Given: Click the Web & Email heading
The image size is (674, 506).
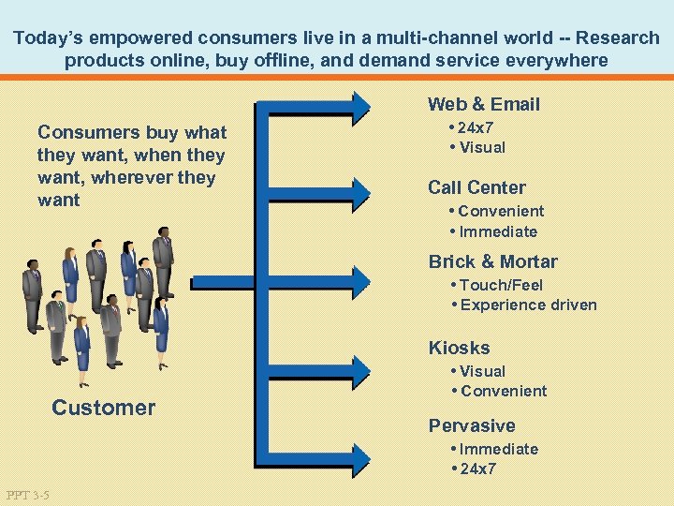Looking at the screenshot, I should pos(483,104).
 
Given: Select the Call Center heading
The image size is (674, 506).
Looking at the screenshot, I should pos(476,187).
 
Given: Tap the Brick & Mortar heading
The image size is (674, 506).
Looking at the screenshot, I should pos(492,261).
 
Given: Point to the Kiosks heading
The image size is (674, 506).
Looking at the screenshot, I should pos(459,348).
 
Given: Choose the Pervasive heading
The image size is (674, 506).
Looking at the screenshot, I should pos(472,425).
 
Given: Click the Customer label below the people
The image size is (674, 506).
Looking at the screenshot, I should pos(103,408).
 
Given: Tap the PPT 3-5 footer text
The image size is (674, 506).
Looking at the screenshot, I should pos(27,494).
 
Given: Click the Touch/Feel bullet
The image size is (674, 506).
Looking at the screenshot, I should pos(501,285).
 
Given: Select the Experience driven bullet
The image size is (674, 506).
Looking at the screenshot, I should pos(528,305).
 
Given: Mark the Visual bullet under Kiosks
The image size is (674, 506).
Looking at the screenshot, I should pos(482,371).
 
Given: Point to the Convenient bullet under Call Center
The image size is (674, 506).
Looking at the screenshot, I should pos(500,211).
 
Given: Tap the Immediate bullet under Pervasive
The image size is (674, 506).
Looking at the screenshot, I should pos(498,449).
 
